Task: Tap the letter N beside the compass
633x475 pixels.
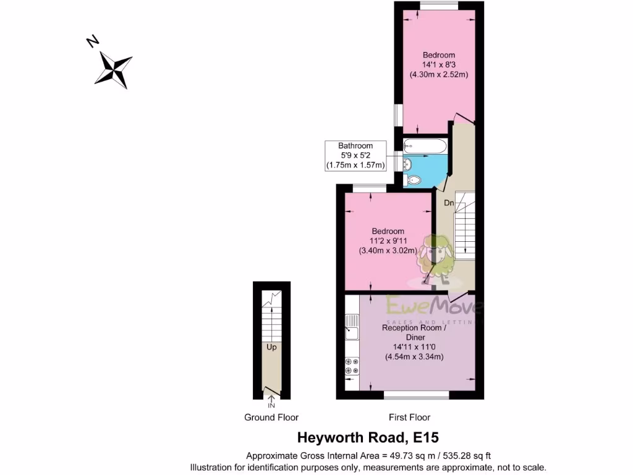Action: [x=93, y=41]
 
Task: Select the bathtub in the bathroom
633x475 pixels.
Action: [x=424, y=147]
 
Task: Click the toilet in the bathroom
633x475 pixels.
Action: [x=412, y=180]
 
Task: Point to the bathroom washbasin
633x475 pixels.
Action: [x=407, y=164]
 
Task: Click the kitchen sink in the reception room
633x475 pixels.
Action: [x=352, y=327]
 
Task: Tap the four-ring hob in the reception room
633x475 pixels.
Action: [x=352, y=366]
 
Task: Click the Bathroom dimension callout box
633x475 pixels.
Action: [x=355, y=156]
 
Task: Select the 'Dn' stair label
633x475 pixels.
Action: [x=449, y=202]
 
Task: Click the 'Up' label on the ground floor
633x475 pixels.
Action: [x=271, y=347]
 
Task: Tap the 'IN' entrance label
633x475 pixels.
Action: [x=271, y=406]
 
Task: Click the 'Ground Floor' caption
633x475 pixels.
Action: [x=271, y=417]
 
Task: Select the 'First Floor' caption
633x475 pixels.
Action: [x=409, y=417]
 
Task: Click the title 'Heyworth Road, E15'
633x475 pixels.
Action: [x=368, y=438]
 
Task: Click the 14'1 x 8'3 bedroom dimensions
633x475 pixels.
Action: [x=438, y=64]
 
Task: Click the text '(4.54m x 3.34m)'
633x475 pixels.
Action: [x=414, y=357]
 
